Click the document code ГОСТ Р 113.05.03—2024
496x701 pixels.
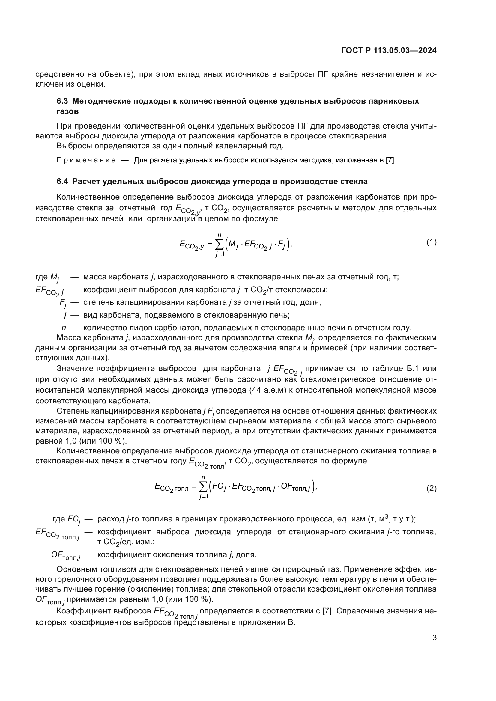coord(388,51)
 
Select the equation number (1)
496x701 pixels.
coord(431,242)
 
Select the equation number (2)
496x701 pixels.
coord(431,489)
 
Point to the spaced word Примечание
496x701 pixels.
coord(86,160)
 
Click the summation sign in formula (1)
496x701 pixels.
coord(219,244)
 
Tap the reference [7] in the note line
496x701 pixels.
coord(390,160)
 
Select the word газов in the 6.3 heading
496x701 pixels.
coord(67,111)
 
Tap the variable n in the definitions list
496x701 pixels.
coord(64,328)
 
